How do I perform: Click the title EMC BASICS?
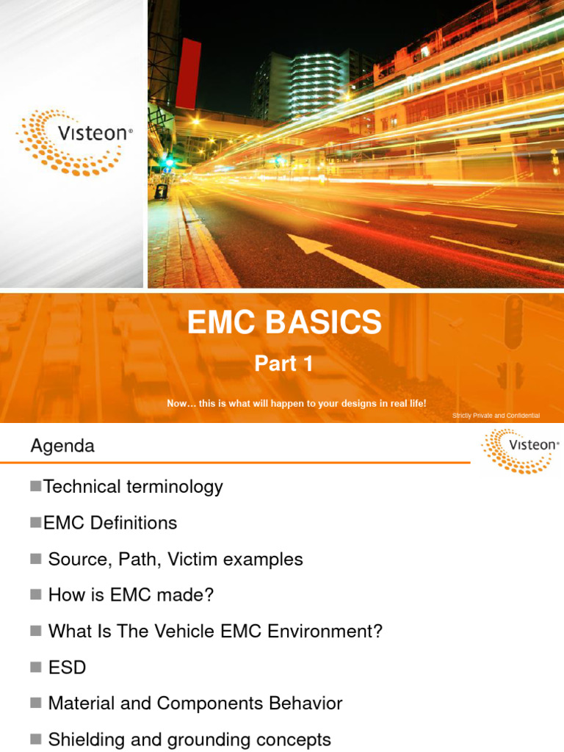(284, 323)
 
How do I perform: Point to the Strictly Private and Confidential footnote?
(496, 416)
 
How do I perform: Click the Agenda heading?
(62, 446)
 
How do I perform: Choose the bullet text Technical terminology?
(133, 486)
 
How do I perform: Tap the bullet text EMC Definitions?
(110, 523)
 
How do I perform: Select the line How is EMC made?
(131, 596)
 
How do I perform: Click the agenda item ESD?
(67, 668)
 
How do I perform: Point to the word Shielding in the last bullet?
(82, 740)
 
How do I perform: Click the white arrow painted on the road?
(345, 258)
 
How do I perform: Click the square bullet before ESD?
(35, 668)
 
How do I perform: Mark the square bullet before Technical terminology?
(35, 486)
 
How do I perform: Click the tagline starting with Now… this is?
(296, 404)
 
